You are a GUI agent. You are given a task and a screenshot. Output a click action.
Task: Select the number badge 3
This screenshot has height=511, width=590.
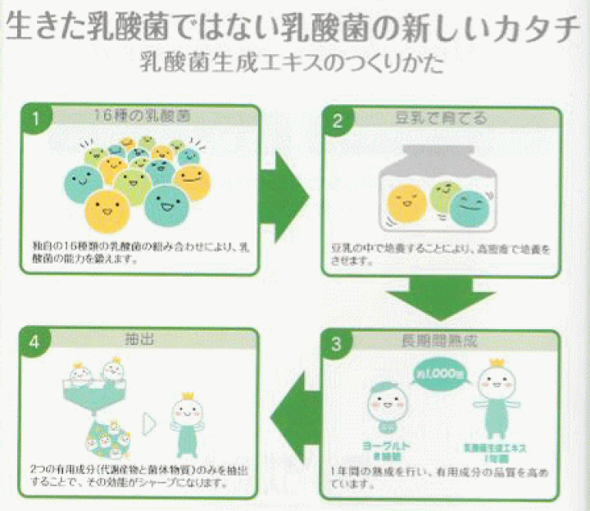tap(335, 344)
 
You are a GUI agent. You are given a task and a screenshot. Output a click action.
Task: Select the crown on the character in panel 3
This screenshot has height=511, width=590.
tap(495, 363)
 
